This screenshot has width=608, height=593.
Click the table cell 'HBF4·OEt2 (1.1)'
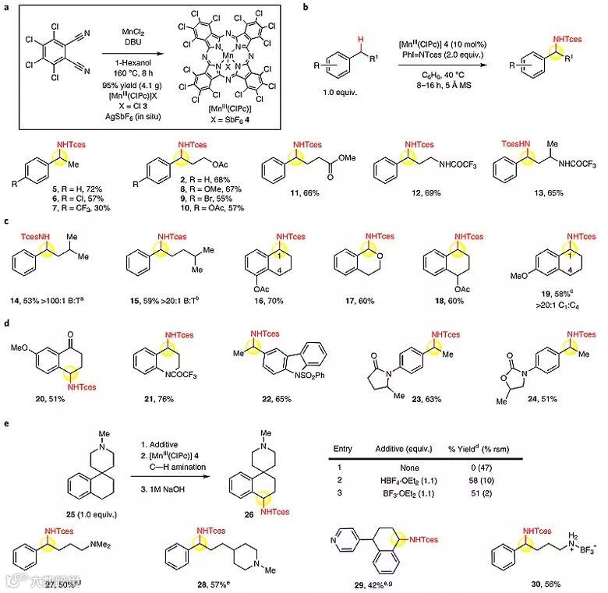tap(410, 482)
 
